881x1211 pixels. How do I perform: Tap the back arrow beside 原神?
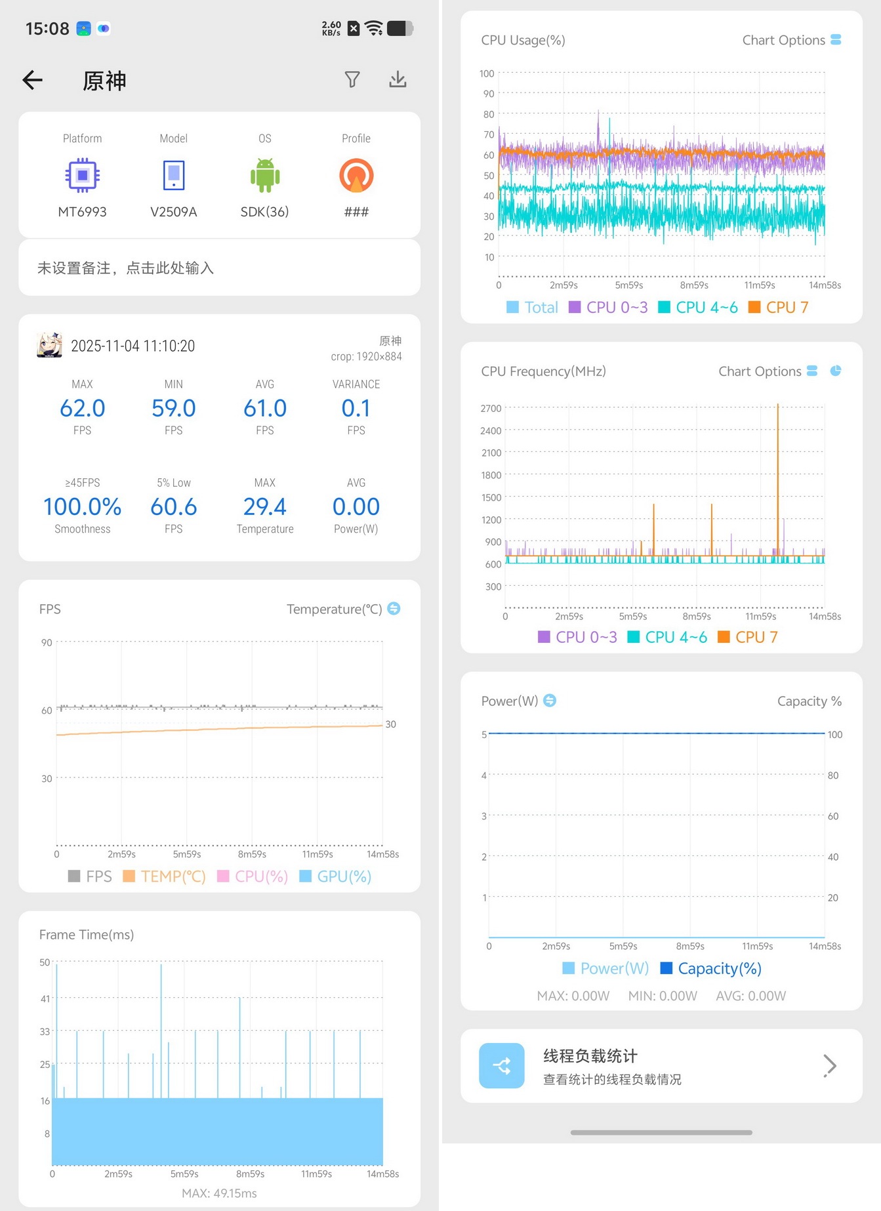click(x=32, y=80)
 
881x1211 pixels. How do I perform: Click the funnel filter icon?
click(x=352, y=79)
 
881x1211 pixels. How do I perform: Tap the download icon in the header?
click(x=398, y=79)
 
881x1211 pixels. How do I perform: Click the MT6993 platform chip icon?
click(x=82, y=175)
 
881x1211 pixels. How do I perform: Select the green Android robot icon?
click(x=265, y=175)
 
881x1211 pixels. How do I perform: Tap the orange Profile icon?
click(x=356, y=175)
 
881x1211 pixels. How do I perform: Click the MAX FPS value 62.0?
click(x=82, y=408)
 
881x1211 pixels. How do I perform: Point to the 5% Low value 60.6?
click(x=174, y=506)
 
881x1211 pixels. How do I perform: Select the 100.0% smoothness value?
click(x=82, y=506)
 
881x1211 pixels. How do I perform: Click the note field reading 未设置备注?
click(x=125, y=268)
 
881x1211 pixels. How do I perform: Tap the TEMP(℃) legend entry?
click(x=165, y=876)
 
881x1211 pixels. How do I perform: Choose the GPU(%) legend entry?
click(x=335, y=876)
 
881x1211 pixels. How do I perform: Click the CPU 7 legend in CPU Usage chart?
click(x=779, y=307)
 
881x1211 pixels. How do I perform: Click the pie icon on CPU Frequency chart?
click(x=836, y=371)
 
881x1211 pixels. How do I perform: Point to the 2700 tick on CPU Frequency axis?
click(x=491, y=408)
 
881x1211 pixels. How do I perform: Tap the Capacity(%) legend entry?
click(x=710, y=968)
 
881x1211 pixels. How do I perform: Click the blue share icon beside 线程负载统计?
click(x=502, y=1065)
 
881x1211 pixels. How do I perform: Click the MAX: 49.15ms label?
click(x=219, y=1193)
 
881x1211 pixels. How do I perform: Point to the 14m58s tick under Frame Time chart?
click(x=383, y=1174)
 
